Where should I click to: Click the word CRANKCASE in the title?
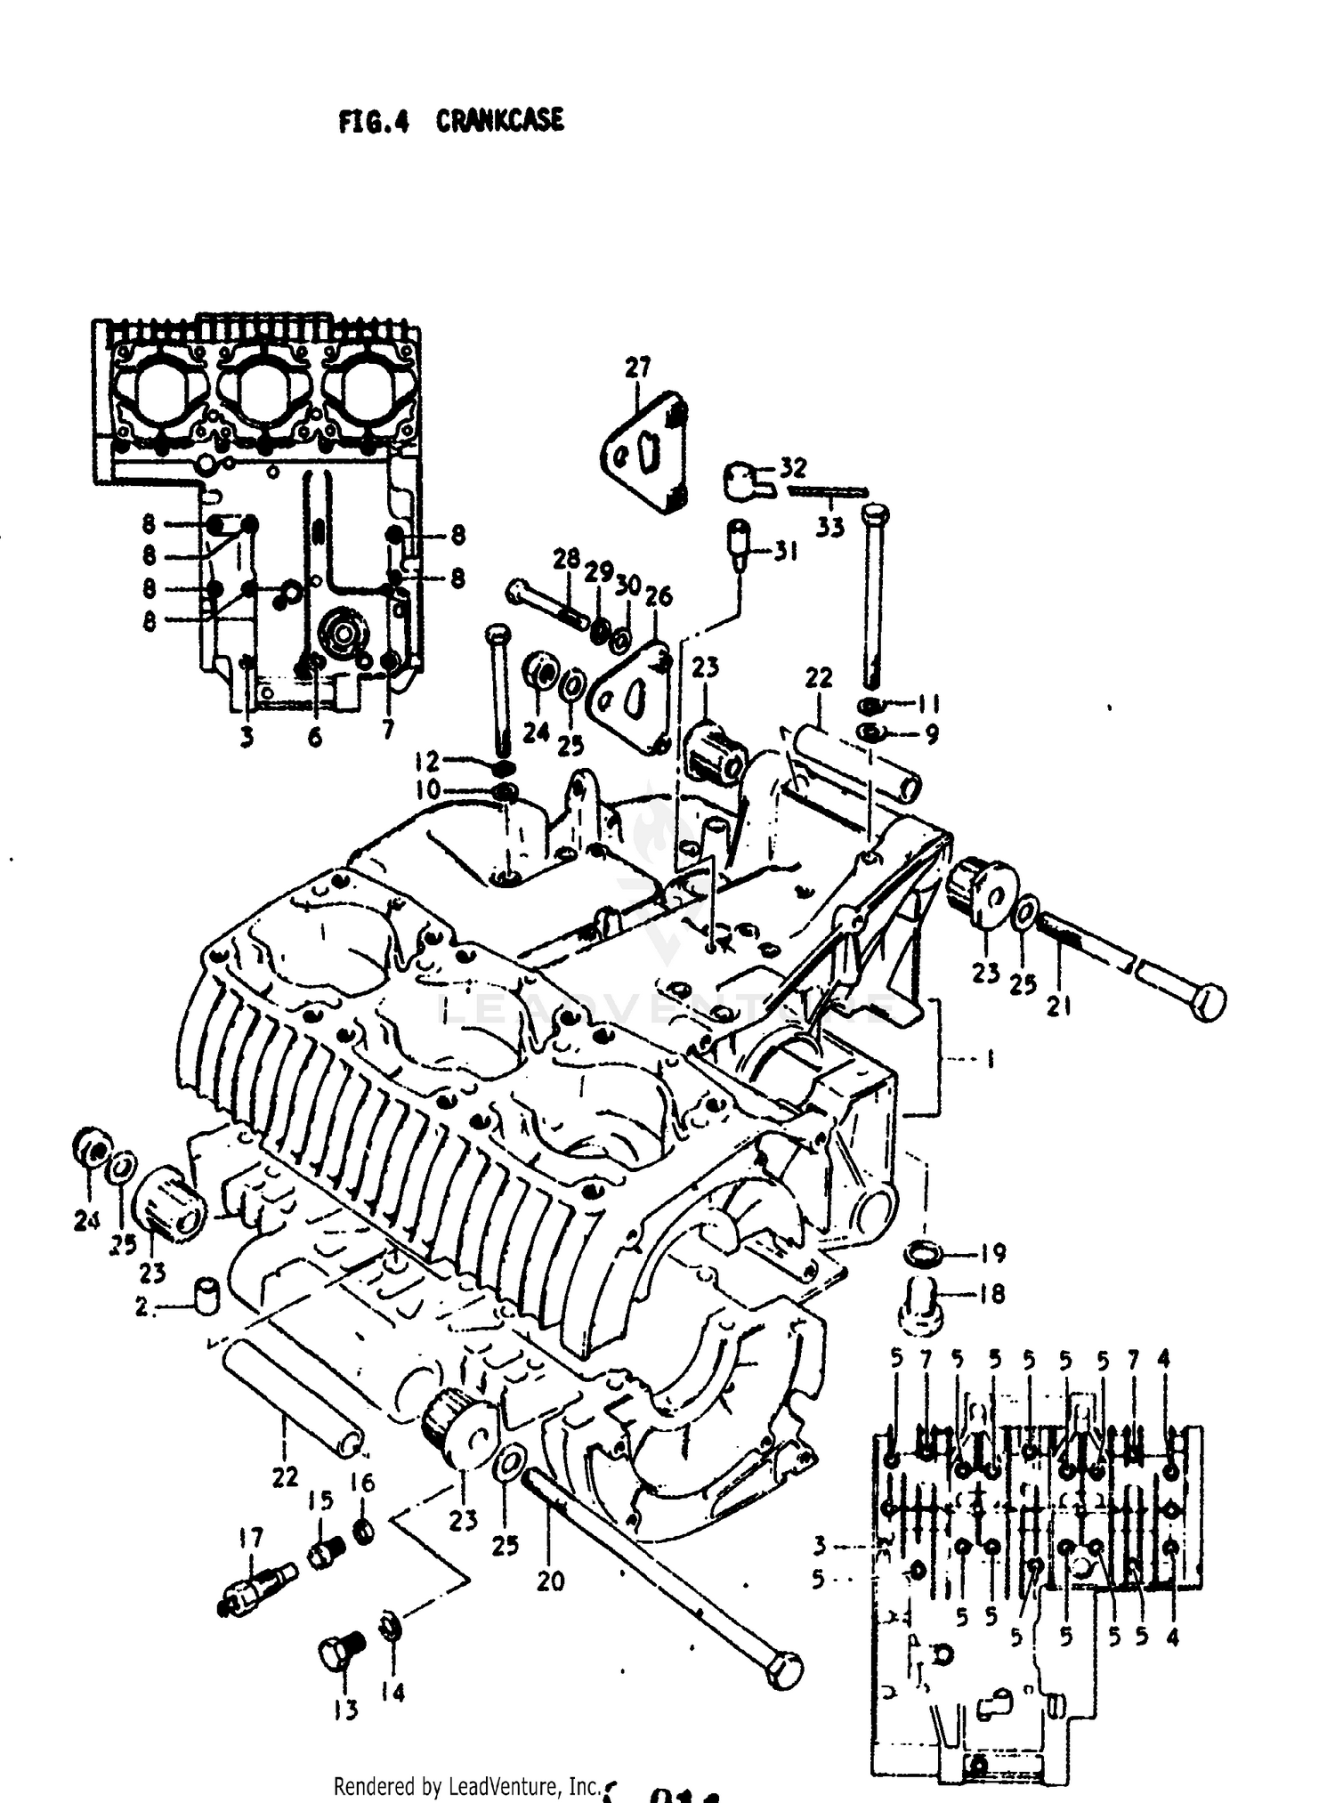[499, 120]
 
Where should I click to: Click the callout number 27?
[637, 367]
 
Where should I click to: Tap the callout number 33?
[829, 527]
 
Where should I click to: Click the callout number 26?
[659, 596]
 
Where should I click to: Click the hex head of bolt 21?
[1207, 1002]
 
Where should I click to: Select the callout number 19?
[992, 1253]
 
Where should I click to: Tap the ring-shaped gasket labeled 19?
[923, 1254]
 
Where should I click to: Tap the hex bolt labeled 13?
[339, 1651]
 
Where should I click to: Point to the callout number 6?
[314, 737]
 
